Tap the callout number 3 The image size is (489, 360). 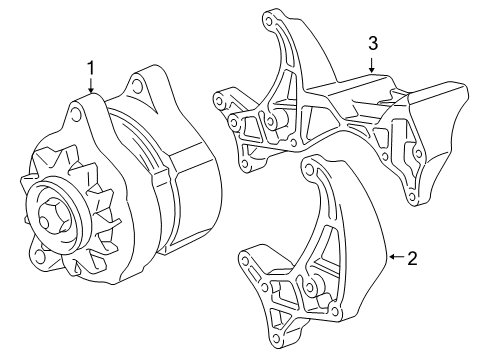pyautogui.click(x=372, y=43)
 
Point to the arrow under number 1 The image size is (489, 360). pyautogui.click(x=91, y=86)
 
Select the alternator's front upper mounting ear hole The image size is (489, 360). pyautogui.click(x=74, y=118)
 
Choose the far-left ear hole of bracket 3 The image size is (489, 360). pyautogui.click(x=217, y=98)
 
